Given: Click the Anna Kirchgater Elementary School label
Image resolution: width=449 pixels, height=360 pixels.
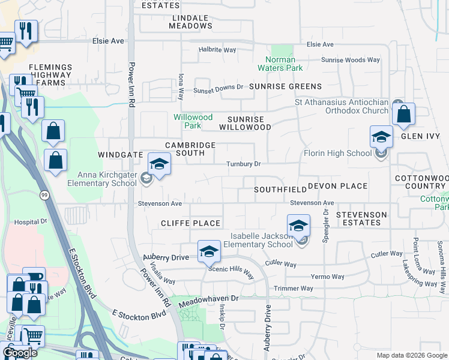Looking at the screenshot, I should (106, 179).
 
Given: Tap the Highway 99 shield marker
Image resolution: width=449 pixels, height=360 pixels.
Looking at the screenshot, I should (44, 194).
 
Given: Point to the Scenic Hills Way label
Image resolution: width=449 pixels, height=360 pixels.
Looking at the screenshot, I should (231, 271).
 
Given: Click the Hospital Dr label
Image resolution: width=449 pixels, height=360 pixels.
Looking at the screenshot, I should (31, 221).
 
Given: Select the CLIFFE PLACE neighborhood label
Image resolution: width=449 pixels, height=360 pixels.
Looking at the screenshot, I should (191, 223).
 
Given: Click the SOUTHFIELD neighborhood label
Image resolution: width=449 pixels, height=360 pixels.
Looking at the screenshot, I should (279, 189).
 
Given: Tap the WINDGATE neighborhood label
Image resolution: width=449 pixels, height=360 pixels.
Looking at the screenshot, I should (120, 155).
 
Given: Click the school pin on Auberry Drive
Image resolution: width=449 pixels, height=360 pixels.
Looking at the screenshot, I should (208, 251).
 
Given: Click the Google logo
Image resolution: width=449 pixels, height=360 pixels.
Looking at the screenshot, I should (20, 353).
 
